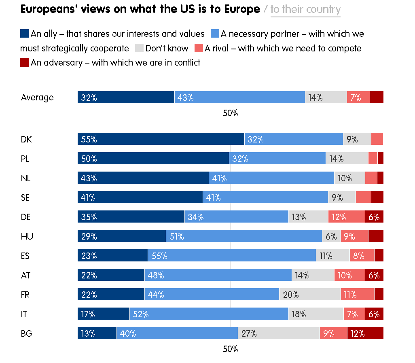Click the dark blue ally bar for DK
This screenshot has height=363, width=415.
click(161, 139)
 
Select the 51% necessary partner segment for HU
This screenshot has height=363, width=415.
click(244, 236)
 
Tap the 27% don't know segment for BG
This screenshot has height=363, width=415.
click(279, 333)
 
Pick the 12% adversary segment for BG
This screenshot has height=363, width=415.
click(365, 333)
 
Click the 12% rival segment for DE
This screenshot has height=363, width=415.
click(346, 217)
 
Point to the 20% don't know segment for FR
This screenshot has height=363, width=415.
click(310, 295)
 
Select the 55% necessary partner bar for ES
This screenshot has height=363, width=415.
click(232, 256)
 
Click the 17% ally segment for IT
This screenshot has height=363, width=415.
click(104, 314)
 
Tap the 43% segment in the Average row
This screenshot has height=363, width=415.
click(239, 97)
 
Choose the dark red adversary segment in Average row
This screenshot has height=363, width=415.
click(377, 97)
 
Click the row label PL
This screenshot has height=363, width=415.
click(25, 159)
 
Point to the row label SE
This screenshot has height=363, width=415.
click(25, 197)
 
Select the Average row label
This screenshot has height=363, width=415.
click(37, 97)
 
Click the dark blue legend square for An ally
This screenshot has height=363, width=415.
click(24, 34)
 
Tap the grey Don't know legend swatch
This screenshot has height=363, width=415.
click(139, 48)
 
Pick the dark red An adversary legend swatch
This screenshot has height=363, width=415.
click(24, 63)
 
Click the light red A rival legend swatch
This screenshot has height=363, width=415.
click(199, 48)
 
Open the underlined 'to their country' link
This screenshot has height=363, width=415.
click(305, 9)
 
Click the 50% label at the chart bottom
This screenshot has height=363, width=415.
click(231, 349)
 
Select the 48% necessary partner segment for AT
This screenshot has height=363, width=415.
click(218, 275)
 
